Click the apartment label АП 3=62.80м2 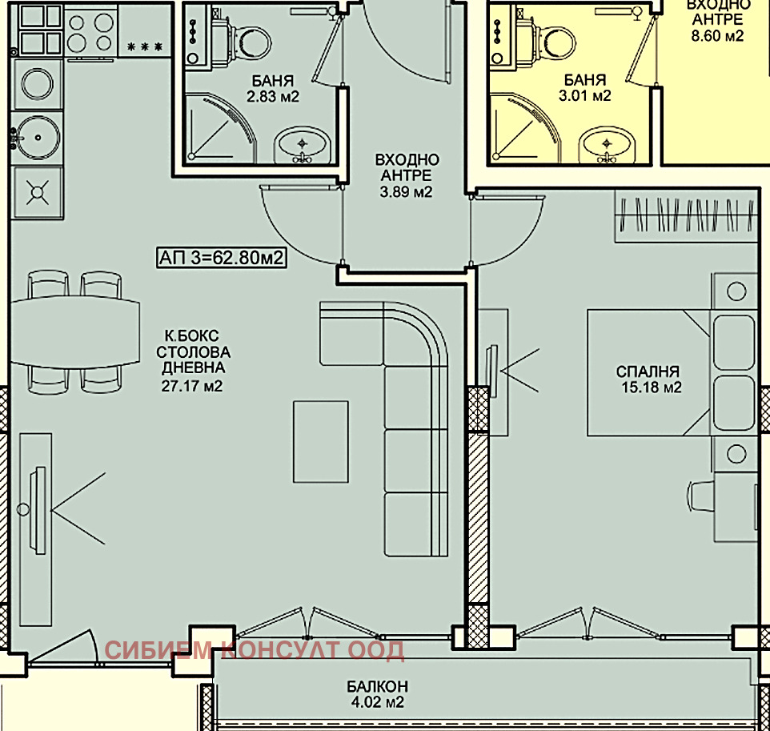click(222, 258)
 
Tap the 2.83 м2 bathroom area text click(273, 96)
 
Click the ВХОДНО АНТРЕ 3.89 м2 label click(406, 175)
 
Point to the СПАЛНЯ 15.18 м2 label click(649, 379)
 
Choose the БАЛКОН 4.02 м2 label click(377, 693)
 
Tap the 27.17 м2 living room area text click(192, 386)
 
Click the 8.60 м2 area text click(717, 35)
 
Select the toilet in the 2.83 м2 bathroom click(248, 39)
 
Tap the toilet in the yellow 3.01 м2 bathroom click(554, 40)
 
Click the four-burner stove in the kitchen click(90, 31)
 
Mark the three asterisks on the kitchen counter click(145, 47)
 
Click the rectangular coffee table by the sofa click(321, 441)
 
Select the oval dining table click(73, 331)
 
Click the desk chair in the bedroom click(701, 496)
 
